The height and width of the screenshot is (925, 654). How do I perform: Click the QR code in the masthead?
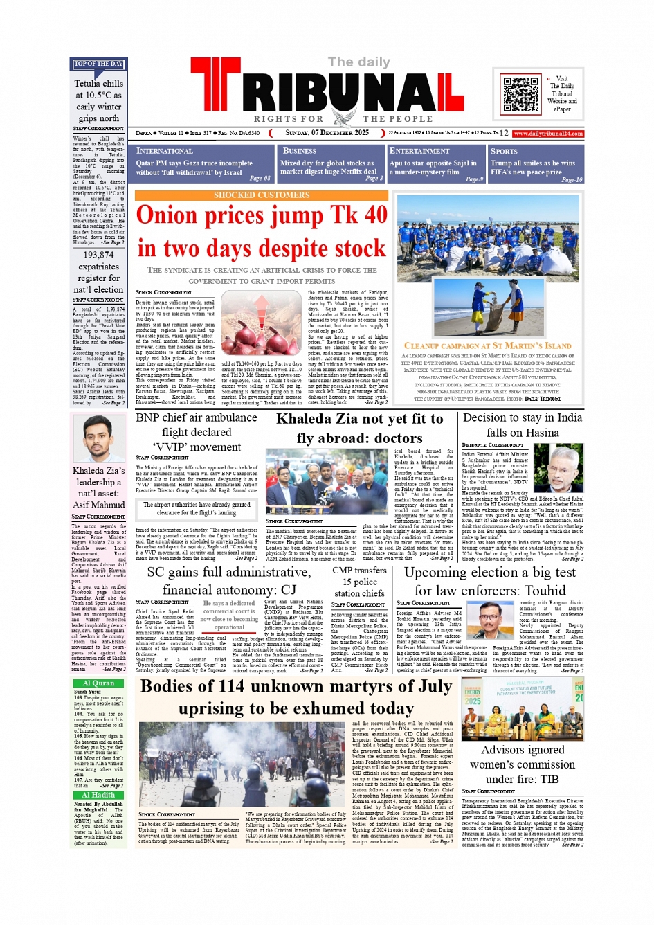[x=521, y=94]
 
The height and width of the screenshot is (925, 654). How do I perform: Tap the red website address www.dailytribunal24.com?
[x=548, y=133]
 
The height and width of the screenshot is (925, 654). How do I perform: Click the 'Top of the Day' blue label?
[x=98, y=64]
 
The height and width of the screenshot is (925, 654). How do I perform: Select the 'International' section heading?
[x=164, y=151]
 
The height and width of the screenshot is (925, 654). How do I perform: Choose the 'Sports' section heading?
[x=504, y=151]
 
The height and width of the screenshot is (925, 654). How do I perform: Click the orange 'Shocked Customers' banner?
[x=262, y=195]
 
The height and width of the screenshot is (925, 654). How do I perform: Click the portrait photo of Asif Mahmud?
[x=98, y=439]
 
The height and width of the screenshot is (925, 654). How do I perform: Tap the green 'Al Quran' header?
[x=98, y=683]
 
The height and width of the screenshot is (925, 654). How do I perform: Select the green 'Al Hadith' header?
[x=98, y=795]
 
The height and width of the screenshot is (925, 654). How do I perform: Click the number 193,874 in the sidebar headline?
[x=98, y=255]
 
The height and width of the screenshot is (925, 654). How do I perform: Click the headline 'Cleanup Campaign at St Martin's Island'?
[x=487, y=345]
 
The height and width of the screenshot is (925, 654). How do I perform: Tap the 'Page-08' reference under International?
[x=260, y=178]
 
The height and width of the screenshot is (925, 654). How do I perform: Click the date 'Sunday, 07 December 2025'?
[x=327, y=133]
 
